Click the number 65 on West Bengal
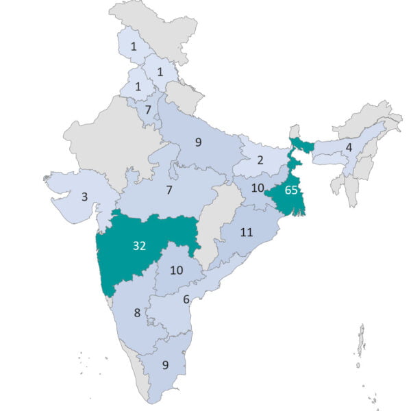pos(291,190)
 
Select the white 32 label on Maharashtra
pos(139,246)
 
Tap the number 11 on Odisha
pos(247,232)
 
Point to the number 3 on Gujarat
pos(84,197)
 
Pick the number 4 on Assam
pos(349,147)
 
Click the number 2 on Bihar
pos(260,160)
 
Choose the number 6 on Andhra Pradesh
pos(186,299)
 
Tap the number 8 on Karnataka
pos(137,313)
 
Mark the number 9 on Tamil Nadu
pos(165,364)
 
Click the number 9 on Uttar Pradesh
pos(198,142)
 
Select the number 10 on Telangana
pos(176,270)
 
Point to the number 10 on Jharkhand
pos(258,188)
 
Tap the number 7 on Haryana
pos(147,110)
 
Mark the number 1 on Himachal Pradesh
pos(160,72)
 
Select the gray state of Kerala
pos(146,373)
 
